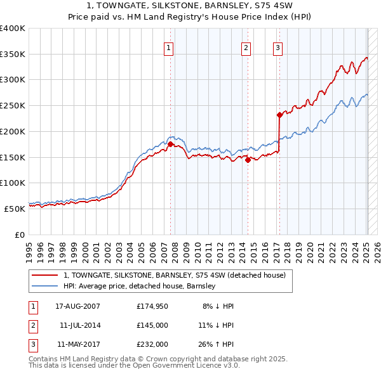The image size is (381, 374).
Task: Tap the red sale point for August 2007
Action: pos(170,144)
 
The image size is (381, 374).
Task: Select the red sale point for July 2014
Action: pos(248,159)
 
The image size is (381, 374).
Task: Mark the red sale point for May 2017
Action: pos(279,115)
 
